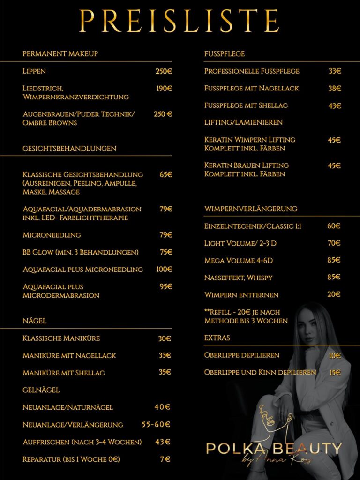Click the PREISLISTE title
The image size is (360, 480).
pos(180,21)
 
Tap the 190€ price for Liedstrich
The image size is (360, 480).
pos(164,88)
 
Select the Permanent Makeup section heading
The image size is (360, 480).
pos(60,53)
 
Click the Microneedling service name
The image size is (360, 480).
pos(52,235)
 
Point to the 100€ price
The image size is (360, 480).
pos(164,270)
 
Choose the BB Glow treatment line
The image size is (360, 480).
pos(81,252)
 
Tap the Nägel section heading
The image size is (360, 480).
pos(35,321)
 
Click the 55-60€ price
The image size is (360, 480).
pos(156,425)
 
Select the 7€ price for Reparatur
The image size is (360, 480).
pos(165,459)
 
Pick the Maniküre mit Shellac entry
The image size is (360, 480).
pos(64,373)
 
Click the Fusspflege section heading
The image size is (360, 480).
pos(225,53)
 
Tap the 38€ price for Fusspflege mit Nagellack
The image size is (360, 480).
pos(335,88)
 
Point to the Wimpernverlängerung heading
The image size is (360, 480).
pos(251,209)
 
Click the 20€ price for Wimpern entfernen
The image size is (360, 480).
pos(334,294)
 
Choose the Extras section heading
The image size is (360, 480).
pos(217,337)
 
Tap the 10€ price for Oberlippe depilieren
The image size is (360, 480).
pos(335,355)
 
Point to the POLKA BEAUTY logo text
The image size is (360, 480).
pos(274,448)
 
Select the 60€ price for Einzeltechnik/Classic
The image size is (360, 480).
pos(334,226)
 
